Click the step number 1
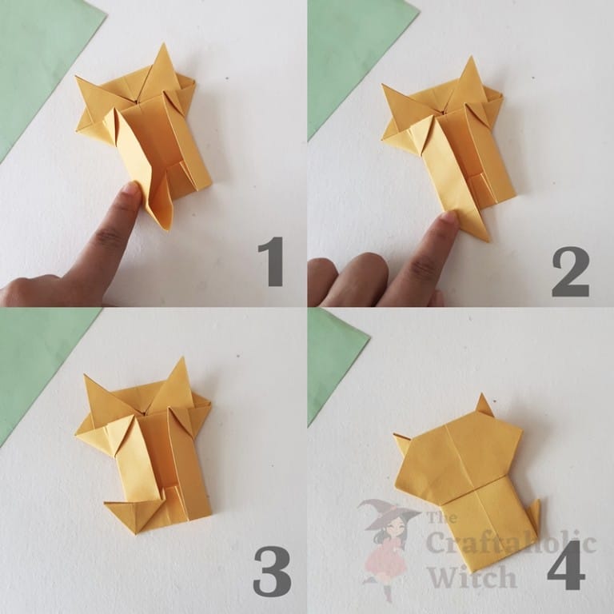[x=269, y=261]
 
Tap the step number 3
[x=270, y=571]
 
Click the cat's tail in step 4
[x=532, y=520]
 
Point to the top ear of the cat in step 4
[x=484, y=406]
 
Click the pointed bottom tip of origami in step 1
[x=165, y=225]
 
